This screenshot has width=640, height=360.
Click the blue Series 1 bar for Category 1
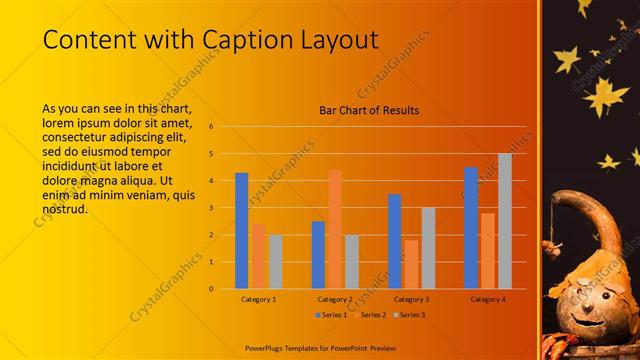pyautogui.click(x=242, y=231)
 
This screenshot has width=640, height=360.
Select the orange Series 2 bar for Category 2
pyautogui.click(x=335, y=229)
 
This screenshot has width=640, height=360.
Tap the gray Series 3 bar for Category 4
pyautogui.click(x=504, y=221)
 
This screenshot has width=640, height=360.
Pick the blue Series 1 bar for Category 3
pyautogui.click(x=395, y=241)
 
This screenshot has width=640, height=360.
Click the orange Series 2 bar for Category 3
pyautogui.click(x=411, y=264)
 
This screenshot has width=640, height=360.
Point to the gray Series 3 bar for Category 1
pyautogui.click(x=275, y=262)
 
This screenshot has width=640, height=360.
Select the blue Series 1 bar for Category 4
pyautogui.click(x=471, y=228)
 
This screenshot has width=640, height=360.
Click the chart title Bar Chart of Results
pyautogui.click(x=369, y=110)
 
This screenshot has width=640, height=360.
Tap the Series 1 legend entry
pyautogui.click(x=333, y=315)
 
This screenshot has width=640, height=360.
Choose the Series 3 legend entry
pyautogui.click(x=409, y=315)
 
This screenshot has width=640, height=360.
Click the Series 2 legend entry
pyautogui.click(x=371, y=315)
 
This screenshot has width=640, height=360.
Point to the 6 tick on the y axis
pyautogui.click(x=211, y=127)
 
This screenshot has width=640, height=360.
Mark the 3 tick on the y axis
pyautogui.click(x=211, y=208)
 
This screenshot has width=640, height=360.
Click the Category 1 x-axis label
pyautogui.click(x=259, y=299)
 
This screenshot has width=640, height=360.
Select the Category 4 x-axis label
pyautogui.click(x=488, y=299)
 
